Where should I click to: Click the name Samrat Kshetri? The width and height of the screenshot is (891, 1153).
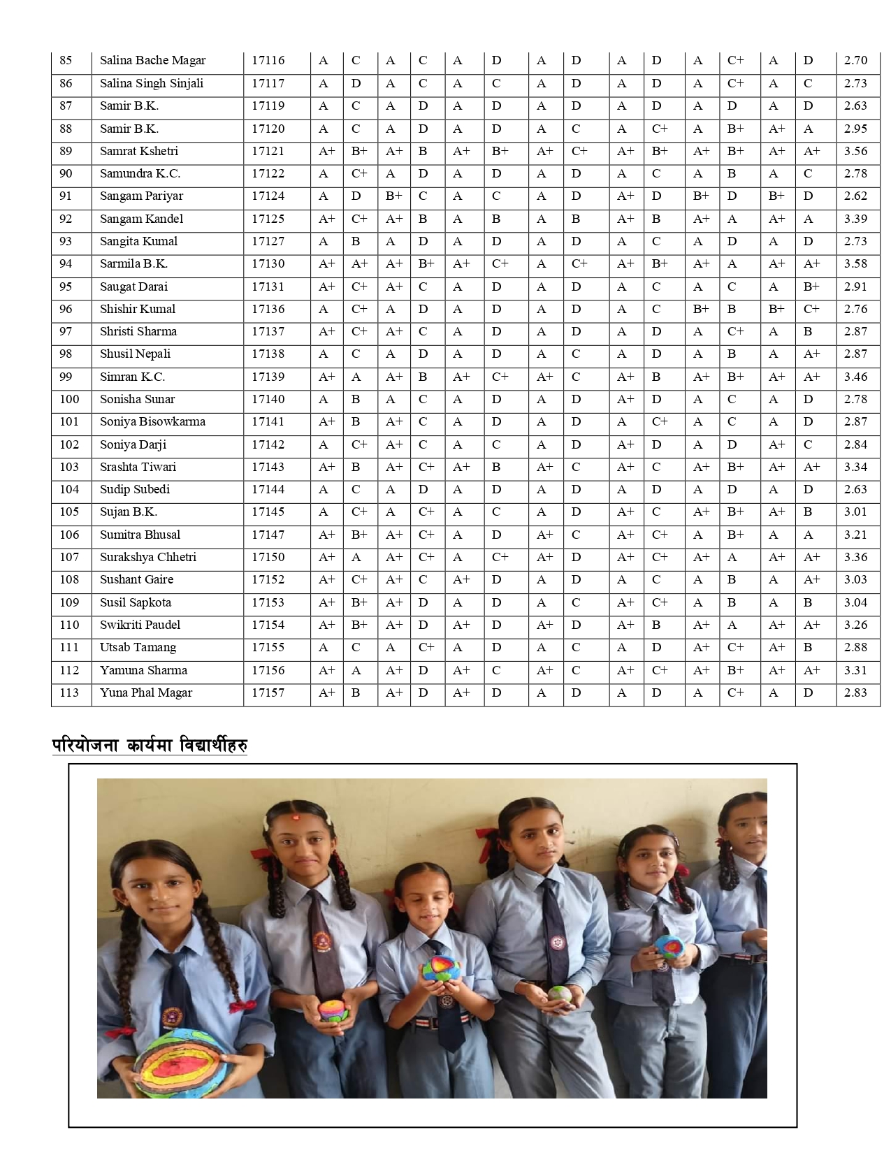pos(138,151)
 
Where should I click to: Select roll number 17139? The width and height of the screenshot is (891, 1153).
pos(268,377)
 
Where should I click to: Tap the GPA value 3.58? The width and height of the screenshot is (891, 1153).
pos(855,263)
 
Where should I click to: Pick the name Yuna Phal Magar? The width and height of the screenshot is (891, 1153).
pos(145,692)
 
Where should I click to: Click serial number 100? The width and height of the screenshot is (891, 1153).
pos(69,399)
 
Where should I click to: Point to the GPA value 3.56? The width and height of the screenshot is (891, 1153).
pos(855,151)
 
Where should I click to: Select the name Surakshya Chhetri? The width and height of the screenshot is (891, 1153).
pos(147,557)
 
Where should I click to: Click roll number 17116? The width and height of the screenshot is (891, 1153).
pos(268,60)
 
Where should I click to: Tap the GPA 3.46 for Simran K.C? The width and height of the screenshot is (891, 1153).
pos(855,377)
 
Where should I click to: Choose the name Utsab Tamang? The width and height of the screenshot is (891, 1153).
pos(138,647)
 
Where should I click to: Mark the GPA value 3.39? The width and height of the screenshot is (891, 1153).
pos(855,219)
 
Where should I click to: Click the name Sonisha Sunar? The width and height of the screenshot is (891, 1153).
pos(137,399)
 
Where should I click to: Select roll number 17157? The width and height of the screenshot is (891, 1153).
pos(268,692)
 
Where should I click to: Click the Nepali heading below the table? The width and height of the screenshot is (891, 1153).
pos(150,746)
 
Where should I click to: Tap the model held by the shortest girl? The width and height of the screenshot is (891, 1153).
pos(439,971)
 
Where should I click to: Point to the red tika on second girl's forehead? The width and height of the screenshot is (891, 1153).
pos(294,818)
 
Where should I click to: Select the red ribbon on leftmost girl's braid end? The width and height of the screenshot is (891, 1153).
pos(242,1007)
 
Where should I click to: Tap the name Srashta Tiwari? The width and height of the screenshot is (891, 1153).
pos(138,467)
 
